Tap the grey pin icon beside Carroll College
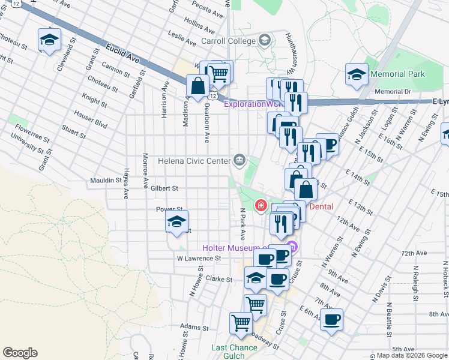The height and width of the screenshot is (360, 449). pos(265,41)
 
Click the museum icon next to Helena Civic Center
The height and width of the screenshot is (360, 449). pos(240,160)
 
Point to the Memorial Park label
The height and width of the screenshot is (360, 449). pos(397,74)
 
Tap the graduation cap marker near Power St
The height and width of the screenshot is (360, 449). pos(176,222)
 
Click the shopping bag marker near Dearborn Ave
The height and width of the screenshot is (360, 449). pos(197,86)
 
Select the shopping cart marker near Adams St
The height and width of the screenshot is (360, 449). pos(241,323)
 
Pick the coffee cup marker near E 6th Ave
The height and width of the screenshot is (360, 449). pos(331,319)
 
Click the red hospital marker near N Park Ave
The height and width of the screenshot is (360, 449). pos(261,206)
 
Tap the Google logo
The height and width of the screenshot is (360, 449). pos(20,353)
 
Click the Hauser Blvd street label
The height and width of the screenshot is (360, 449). pos(90,119)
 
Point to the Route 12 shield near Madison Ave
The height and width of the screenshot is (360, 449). pos(212,96)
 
